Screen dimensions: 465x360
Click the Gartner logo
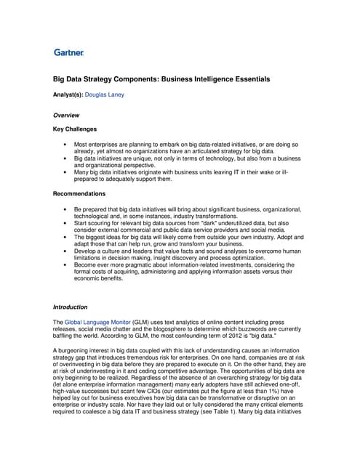pyautogui.click(x=69, y=52)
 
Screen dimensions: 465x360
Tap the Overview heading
pyautogui.click(x=66, y=115)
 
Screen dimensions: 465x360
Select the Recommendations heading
pyautogui.click(x=80, y=194)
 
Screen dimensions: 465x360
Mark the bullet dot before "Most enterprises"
pyautogui.click(x=65, y=145)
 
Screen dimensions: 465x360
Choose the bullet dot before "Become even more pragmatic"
pyautogui.click(x=65, y=266)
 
